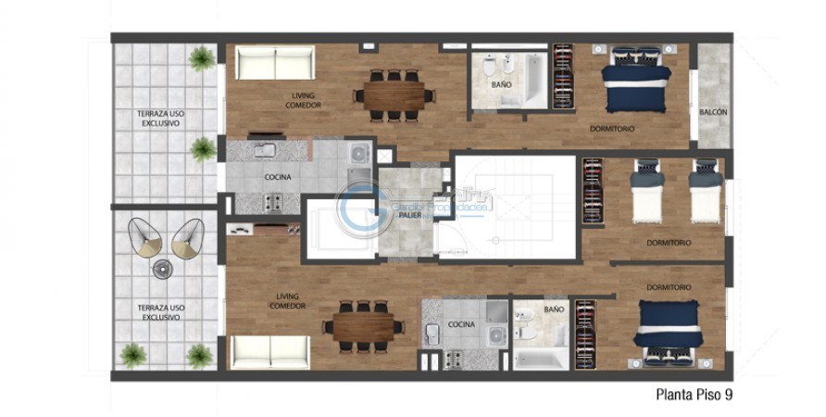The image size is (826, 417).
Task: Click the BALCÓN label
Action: pyautogui.click(x=713, y=112)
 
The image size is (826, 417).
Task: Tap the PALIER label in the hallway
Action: pyautogui.click(x=410, y=215)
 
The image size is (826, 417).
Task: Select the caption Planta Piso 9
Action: pyautogui.click(x=695, y=395)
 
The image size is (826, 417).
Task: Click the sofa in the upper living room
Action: pyautogui.click(x=275, y=63)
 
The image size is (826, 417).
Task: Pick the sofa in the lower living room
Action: pyautogui.click(x=269, y=350)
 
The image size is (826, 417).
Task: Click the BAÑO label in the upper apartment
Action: pyautogui.click(x=502, y=84)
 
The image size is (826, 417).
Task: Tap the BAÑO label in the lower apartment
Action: pyautogui.click(x=554, y=310)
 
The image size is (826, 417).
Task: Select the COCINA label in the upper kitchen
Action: pyautogui.click(x=278, y=177)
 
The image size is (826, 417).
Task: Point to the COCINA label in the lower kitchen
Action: pyautogui.click(x=461, y=324)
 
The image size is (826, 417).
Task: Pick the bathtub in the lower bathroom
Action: pyautogui.click(x=541, y=356)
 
